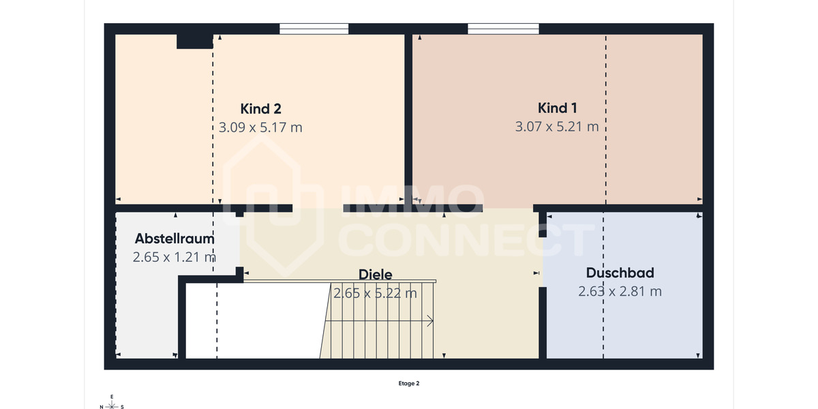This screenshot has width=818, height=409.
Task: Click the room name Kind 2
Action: pyautogui.click(x=260, y=108)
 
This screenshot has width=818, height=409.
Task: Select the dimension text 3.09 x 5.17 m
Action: pyautogui.click(x=260, y=127)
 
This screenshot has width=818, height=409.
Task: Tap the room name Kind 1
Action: pyautogui.click(x=558, y=108)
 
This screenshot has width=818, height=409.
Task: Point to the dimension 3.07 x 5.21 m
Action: pyautogui.click(x=557, y=127)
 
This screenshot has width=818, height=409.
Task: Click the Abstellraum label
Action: pyautogui.click(x=175, y=239)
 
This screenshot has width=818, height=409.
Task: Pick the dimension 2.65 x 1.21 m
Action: pyautogui.click(x=175, y=257)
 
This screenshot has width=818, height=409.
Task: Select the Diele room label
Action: pyautogui.click(x=375, y=274)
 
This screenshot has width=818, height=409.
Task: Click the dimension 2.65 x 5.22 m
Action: pyautogui.click(x=375, y=293)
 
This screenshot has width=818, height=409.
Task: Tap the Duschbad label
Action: pyautogui.click(x=620, y=273)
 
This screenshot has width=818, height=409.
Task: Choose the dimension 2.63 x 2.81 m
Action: pyautogui.click(x=620, y=291)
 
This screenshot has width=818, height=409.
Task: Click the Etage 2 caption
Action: pyautogui.click(x=409, y=383)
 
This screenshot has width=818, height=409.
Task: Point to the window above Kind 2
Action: pyautogui.click(x=314, y=29)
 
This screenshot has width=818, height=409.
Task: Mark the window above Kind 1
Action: pyautogui.click(x=503, y=29)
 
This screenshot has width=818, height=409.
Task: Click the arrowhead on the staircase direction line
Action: pyautogui.click(x=431, y=320)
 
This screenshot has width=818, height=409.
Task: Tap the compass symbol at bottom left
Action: pyautogui.click(x=112, y=403)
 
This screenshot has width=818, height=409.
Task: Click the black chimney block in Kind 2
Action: pyautogui.click(x=194, y=42)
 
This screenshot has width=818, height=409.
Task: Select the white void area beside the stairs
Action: pyautogui.click(x=252, y=320)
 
